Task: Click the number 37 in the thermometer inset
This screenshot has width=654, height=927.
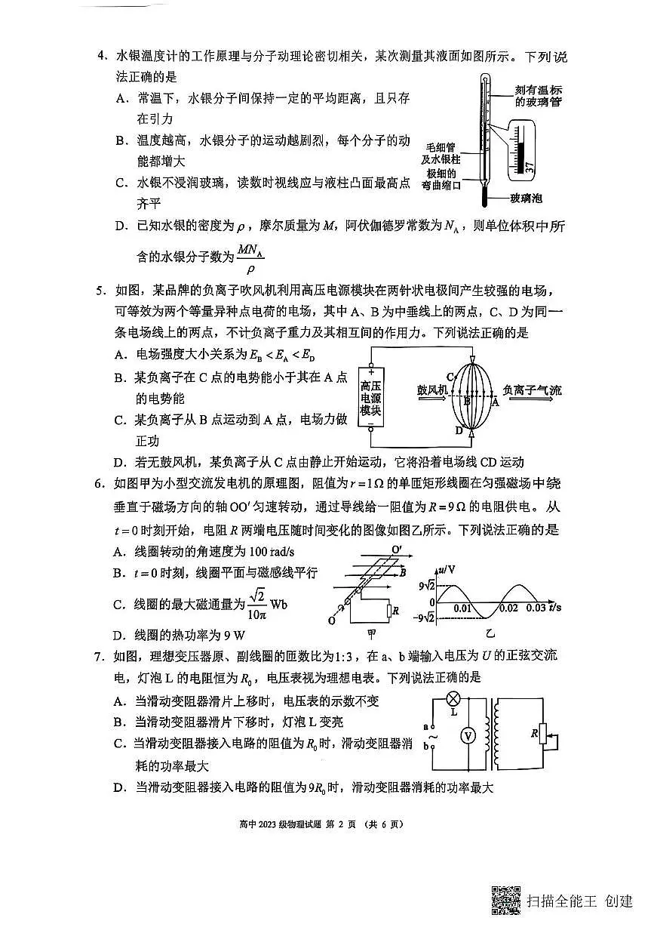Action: coord(530,167)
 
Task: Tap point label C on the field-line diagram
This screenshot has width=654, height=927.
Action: coord(450,376)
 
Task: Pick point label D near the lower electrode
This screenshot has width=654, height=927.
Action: coord(458,430)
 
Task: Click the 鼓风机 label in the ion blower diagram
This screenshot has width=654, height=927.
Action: coord(432,390)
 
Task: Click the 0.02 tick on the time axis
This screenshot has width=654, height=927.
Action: coord(508,608)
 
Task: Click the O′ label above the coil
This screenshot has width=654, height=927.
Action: coord(398,550)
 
